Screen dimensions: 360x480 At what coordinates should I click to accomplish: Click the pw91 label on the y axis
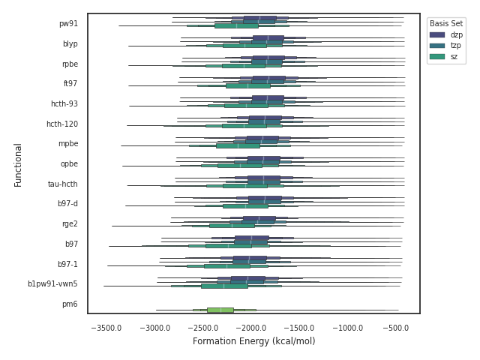[x=68, y=24]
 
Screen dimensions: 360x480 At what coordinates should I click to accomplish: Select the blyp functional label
[x=70, y=44]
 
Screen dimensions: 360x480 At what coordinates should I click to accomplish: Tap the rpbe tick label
[x=70, y=64]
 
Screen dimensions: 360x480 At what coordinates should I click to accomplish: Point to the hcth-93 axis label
[x=62, y=104]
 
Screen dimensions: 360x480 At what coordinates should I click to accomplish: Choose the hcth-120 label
[x=61, y=124]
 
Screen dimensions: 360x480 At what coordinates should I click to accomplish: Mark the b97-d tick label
[x=67, y=204]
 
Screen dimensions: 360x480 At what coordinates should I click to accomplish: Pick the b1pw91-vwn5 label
[x=52, y=284]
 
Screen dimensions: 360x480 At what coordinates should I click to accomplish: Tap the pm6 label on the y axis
[x=70, y=304]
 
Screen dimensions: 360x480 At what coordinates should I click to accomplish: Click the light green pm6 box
[x=220, y=310]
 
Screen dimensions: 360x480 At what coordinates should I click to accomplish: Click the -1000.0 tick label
[x=349, y=328]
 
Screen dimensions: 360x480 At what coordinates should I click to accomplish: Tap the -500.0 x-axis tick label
[x=396, y=328]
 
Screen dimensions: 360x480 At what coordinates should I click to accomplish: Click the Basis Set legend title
[x=446, y=23]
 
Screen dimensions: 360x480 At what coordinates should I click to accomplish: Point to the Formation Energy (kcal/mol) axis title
[x=253, y=342]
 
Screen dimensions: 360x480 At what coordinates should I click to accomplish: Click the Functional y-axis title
[x=18, y=164]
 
